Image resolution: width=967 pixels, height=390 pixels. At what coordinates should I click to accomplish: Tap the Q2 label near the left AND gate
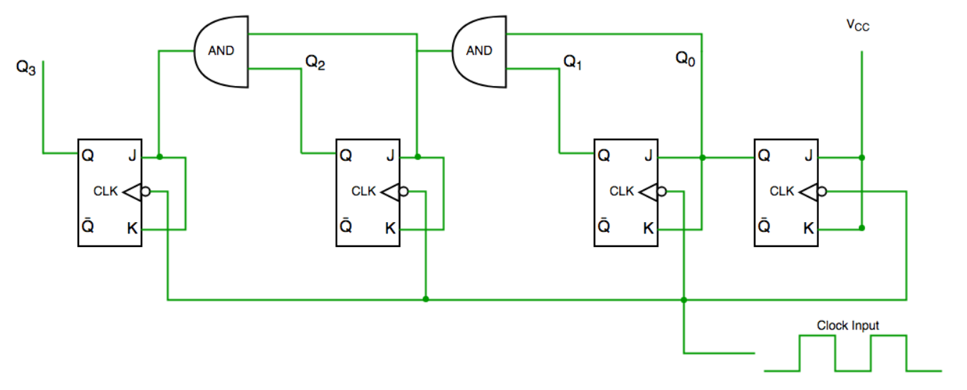(x=315, y=63)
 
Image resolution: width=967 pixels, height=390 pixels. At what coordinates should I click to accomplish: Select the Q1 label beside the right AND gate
(x=573, y=63)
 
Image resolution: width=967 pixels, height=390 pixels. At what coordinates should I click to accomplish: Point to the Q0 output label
(x=686, y=58)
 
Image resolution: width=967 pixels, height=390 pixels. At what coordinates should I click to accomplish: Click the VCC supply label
(x=857, y=26)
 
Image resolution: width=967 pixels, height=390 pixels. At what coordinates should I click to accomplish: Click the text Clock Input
(x=847, y=325)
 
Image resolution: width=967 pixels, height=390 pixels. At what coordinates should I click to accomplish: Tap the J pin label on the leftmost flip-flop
(x=132, y=154)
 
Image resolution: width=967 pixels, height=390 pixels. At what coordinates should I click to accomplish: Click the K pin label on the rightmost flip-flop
(x=808, y=228)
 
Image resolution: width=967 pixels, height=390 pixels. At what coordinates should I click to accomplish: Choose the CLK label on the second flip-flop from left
(x=363, y=191)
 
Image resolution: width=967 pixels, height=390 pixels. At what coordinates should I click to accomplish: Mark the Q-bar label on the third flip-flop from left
(x=603, y=228)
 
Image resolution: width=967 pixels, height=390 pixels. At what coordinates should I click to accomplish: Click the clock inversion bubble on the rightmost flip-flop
(x=823, y=191)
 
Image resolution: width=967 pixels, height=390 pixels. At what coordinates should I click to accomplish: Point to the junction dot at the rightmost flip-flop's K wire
(x=862, y=228)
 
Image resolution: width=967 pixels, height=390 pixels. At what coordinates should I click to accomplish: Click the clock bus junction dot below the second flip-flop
(x=426, y=299)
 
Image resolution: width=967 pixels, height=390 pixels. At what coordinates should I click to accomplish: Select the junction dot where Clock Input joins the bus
(x=684, y=300)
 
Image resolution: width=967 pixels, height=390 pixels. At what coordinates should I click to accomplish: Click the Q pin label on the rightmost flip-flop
(x=764, y=154)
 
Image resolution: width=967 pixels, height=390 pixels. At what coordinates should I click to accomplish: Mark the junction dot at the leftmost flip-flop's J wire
(x=159, y=157)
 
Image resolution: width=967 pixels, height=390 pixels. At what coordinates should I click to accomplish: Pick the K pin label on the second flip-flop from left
(x=390, y=228)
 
